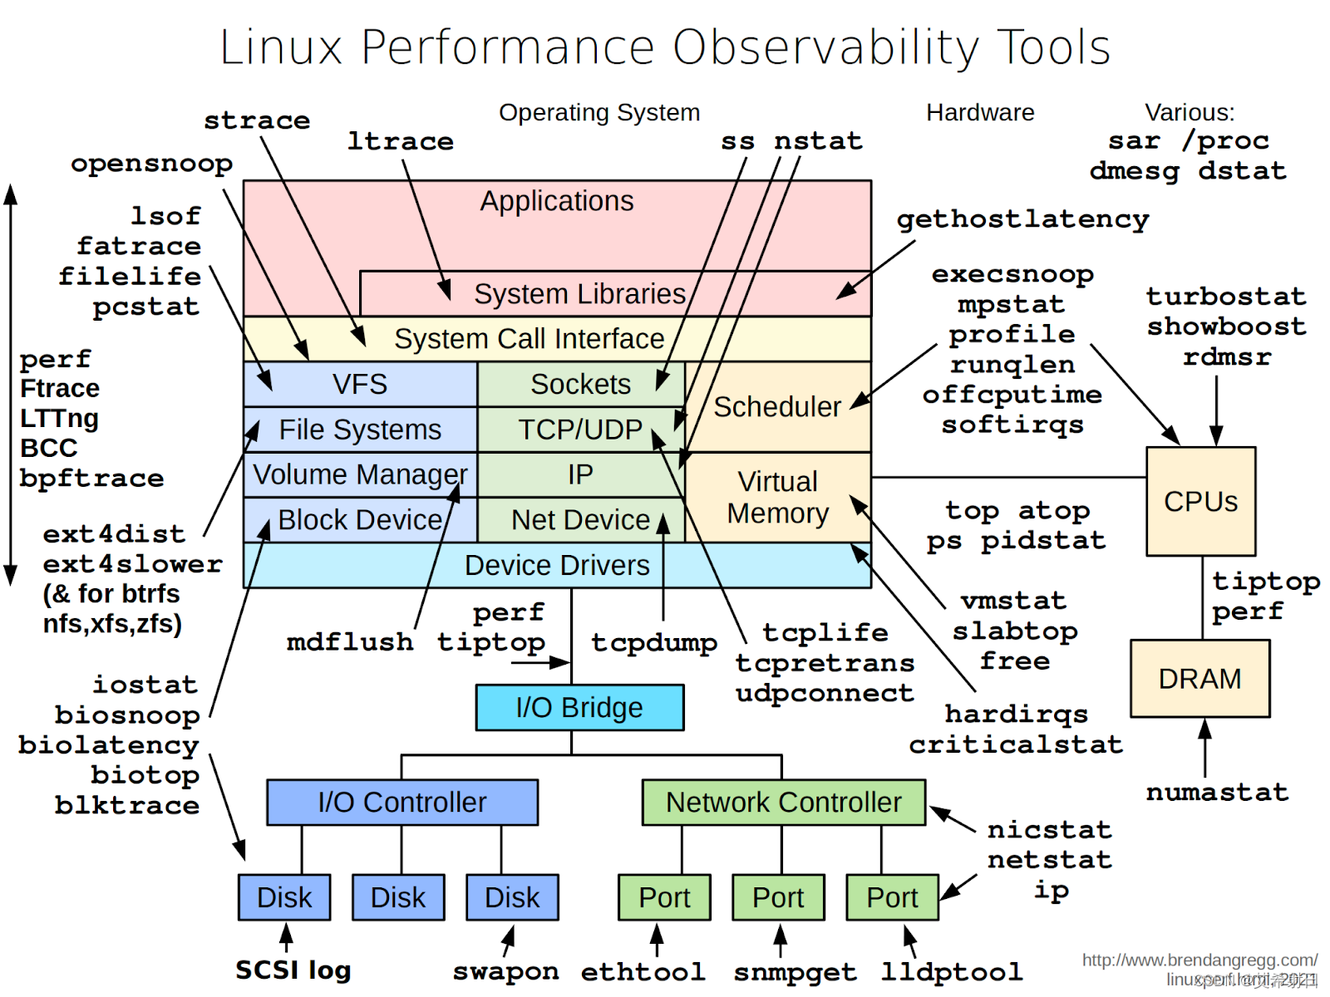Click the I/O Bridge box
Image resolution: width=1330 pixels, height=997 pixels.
click(579, 708)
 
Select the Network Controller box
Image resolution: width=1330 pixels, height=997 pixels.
click(783, 803)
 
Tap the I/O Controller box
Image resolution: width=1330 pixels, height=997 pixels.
click(402, 803)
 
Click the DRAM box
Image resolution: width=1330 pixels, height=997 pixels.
click(1199, 679)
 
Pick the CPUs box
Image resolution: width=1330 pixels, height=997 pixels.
click(1200, 502)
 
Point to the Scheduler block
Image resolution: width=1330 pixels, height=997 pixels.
click(777, 407)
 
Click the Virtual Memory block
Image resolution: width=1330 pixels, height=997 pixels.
click(777, 498)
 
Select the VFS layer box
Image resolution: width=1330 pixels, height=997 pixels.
click(360, 384)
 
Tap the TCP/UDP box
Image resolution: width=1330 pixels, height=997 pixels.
click(580, 430)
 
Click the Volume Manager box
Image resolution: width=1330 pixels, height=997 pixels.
click(360, 474)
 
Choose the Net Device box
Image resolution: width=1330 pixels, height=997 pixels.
click(580, 520)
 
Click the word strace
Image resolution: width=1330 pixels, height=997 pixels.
click(257, 121)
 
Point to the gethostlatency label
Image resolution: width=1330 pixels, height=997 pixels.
click(1022, 219)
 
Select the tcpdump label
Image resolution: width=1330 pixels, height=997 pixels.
click(654, 642)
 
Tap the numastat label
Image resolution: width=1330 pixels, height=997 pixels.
click(1217, 793)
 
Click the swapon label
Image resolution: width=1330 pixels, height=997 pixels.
click(505, 971)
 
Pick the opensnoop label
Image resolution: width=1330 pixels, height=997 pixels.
click(151, 164)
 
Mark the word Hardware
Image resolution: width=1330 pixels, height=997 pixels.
click(980, 112)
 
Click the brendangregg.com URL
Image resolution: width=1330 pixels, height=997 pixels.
click(1199, 960)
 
